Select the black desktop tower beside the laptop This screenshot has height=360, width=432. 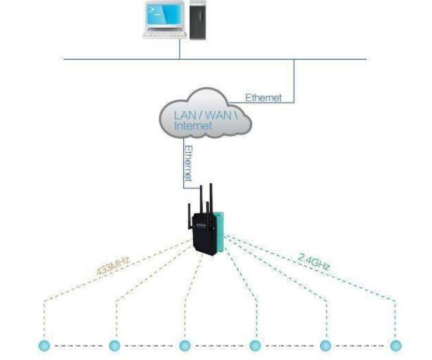(x=198, y=20)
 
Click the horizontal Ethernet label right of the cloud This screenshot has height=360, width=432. (x=263, y=98)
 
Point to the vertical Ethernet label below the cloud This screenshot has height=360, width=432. (x=188, y=163)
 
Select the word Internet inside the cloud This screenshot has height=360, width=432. (x=193, y=125)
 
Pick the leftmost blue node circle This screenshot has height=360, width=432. (x=44, y=345)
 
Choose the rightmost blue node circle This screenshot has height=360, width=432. (x=396, y=345)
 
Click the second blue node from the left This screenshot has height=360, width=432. (x=114, y=345)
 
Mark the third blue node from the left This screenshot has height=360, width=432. (x=185, y=345)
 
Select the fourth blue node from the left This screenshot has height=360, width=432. (x=255, y=345)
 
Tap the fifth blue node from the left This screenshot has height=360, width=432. (x=325, y=345)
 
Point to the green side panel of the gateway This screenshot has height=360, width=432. (x=222, y=232)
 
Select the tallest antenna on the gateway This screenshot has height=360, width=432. (x=210, y=199)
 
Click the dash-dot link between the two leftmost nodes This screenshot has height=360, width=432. (x=79, y=345)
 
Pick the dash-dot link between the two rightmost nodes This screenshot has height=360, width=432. (x=361, y=345)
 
